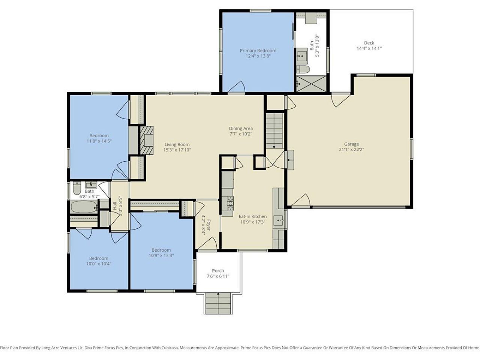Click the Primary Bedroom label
(258, 51)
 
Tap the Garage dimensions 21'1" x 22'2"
(351, 150)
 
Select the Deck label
(369, 43)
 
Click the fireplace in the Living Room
(147, 141)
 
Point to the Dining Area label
(241, 129)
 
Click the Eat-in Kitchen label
(253, 216)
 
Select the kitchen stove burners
(227, 203)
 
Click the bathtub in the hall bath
(84, 207)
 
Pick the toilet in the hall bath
(77, 188)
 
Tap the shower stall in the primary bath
(311, 84)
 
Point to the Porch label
(218, 271)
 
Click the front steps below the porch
(218, 303)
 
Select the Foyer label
(208, 225)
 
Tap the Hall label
(115, 206)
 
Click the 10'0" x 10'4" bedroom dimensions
(99, 264)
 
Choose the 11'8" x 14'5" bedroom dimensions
(99, 141)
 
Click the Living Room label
(177, 144)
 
